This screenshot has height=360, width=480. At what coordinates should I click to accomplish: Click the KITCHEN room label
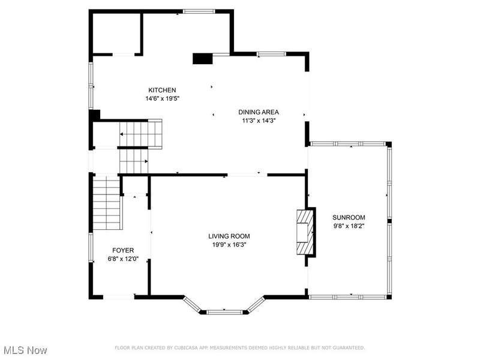(162, 90)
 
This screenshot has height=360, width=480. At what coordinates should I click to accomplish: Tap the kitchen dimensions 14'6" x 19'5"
(162, 98)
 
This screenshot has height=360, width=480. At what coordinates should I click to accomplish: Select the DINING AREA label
(259, 112)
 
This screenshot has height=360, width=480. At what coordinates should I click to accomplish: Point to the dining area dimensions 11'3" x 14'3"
(259, 121)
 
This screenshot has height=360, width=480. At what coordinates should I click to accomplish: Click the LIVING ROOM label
(229, 236)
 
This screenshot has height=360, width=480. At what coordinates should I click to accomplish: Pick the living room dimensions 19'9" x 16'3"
(229, 245)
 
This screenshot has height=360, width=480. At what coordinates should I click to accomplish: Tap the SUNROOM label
(349, 217)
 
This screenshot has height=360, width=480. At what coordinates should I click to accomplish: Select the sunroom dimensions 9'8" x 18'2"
(349, 226)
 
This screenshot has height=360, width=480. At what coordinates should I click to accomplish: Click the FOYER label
(123, 250)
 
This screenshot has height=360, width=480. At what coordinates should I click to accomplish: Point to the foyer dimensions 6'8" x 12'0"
(123, 259)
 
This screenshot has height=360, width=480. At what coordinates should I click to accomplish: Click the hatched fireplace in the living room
(305, 232)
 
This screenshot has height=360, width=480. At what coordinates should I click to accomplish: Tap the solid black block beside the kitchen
(202, 59)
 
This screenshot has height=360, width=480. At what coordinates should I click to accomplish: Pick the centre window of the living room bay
(224, 312)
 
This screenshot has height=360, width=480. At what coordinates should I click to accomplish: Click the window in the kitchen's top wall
(199, 11)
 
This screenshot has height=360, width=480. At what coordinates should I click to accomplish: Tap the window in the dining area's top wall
(271, 54)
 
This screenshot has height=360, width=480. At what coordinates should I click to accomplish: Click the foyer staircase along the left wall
(106, 203)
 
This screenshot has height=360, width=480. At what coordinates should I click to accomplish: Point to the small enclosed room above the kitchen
(116, 34)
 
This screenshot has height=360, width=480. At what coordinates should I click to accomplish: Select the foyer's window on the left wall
(91, 247)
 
